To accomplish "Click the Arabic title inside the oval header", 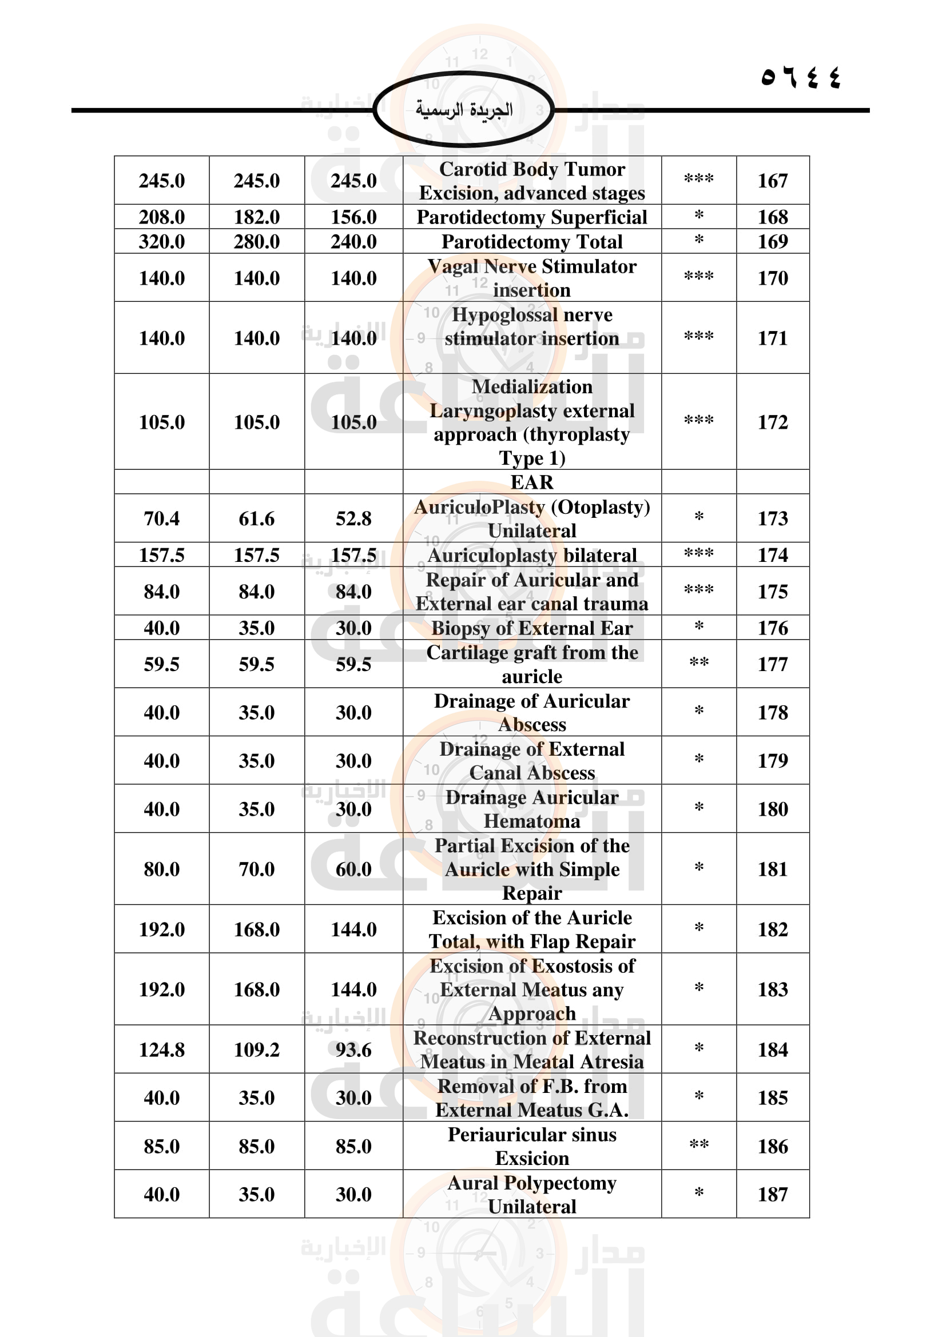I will [x=464, y=110].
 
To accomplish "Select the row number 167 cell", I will [x=772, y=181].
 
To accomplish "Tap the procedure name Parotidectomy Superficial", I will [x=531, y=217].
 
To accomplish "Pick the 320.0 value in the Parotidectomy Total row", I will [x=161, y=242].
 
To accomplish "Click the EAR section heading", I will [x=531, y=482].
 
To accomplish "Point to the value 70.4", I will [x=161, y=519].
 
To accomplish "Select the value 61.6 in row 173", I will [x=256, y=519].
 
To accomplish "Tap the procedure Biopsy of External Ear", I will [x=531, y=628].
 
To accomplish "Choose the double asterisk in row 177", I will [x=698, y=663].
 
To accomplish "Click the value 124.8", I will [x=161, y=1050].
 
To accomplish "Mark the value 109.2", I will [x=256, y=1050].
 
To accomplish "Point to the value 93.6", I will [x=353, y=1050].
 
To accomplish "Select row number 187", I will [x=772, y=1194].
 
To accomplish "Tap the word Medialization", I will [x=531, y=386].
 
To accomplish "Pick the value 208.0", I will [x=161, y=217].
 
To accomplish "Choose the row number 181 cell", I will [x=772, y=869].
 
